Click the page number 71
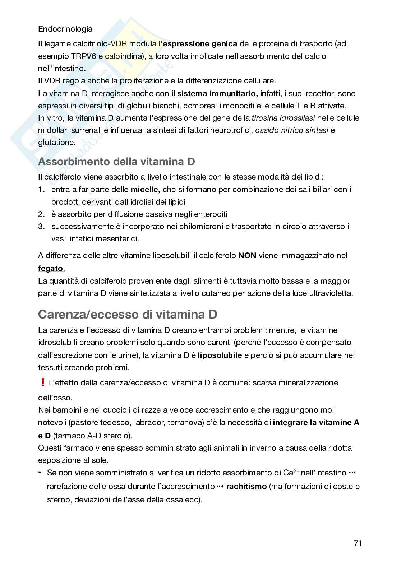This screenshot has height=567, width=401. coord(358,543)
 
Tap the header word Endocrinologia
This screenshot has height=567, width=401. coord(65,29)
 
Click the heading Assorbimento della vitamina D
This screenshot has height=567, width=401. coord(116,162)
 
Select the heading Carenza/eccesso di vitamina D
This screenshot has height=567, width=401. coord(128,314)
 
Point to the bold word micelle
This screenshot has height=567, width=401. coord(145,189)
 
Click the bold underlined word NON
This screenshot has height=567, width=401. coord(247,256)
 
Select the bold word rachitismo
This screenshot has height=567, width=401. coord(246,487)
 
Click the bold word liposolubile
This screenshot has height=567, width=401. coord(220,355)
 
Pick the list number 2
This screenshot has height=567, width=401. coord(41,214)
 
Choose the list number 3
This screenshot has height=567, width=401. coord(41,227)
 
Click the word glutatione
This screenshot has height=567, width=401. coord(57,143)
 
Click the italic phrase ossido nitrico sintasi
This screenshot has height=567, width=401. coord(291,130)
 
